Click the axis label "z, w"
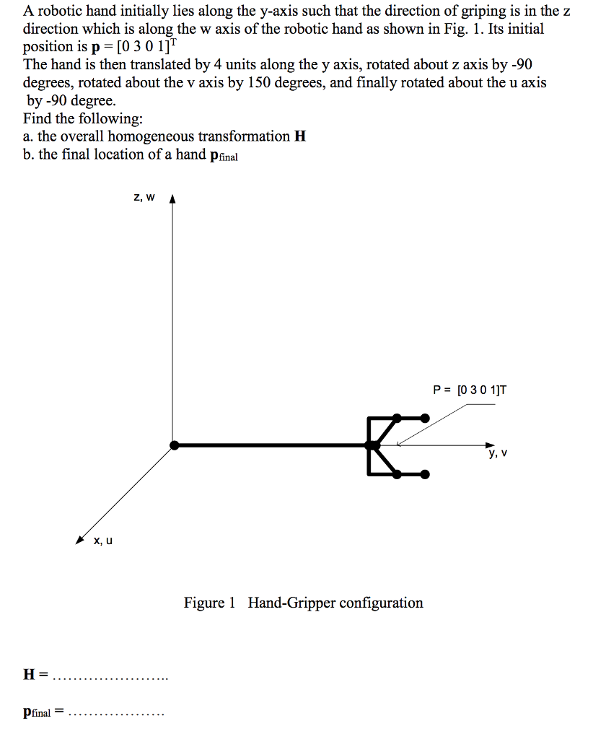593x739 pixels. [x=144, y=197]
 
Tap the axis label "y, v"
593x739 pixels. [x=498, y=454]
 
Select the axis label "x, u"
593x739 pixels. [x=103, y=540]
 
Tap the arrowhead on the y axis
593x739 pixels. [x=491, y=445]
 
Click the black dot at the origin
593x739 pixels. [x=173, y=445]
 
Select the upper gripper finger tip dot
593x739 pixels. [x=425, y=417]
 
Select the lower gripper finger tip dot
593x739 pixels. [x=425, y=474]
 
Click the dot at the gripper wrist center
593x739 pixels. [x=373, y=445]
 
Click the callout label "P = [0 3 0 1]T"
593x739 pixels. [x=470, y=390]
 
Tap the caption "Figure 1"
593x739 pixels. [x=210, y=603]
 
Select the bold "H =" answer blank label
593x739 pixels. [x=35, y=675]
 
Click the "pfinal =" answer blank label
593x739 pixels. [x=43, y=712]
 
